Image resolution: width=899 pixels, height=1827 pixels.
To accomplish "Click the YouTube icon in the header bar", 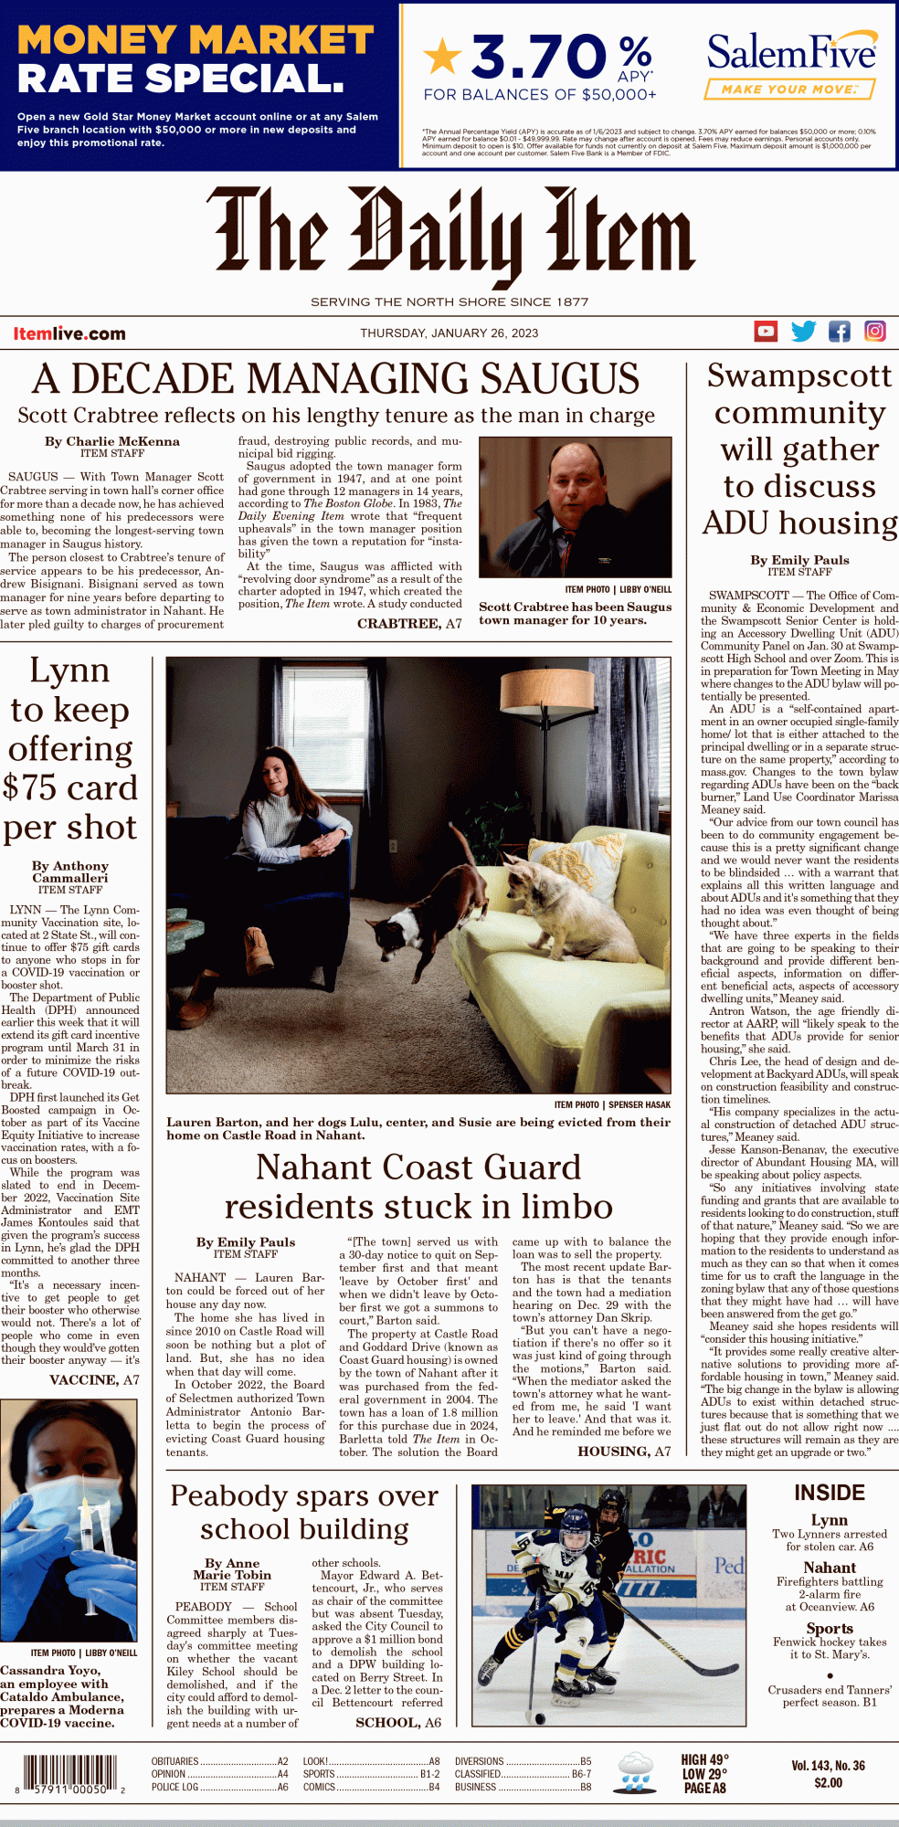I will (766, 331).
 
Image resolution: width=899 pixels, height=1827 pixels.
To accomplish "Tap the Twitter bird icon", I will (803, 331).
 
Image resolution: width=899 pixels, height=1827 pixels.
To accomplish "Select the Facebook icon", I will (839, 331).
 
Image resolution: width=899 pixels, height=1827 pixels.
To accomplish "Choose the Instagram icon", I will (874, 331).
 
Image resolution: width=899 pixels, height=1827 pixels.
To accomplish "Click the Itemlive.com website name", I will (69, 333).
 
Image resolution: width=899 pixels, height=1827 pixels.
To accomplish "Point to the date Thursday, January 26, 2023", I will (449, 333).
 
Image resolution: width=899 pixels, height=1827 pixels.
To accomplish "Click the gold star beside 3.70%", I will (443, 57).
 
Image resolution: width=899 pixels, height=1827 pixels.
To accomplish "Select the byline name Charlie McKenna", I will (123, 441).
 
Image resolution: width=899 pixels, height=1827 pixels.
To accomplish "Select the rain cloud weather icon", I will (635, 1772).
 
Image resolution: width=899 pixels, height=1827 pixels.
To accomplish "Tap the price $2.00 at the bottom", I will (828, 1782).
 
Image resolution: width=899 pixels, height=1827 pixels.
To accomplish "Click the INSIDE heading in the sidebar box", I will (829, 1493).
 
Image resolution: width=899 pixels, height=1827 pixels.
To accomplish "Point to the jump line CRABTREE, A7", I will (409, 623).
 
